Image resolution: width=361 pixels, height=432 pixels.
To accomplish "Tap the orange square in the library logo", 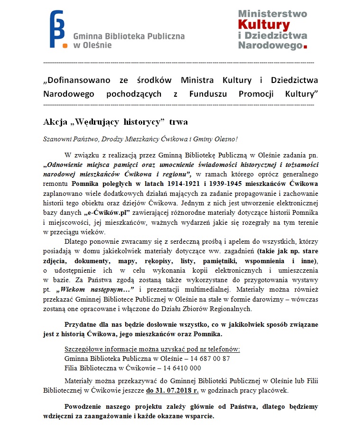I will tap(64, 46).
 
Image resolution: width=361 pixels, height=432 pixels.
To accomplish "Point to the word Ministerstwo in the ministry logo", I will tap(272, 13).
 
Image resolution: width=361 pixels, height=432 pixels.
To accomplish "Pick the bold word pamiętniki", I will tap(221, 261).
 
